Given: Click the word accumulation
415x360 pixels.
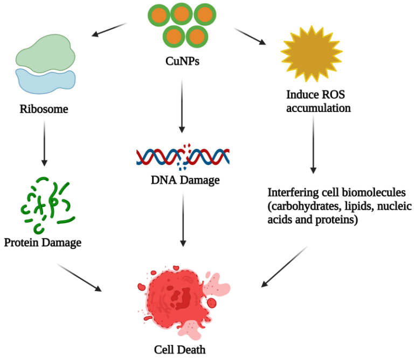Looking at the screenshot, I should point(319,108).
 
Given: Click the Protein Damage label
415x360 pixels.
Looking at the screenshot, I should point(43,243).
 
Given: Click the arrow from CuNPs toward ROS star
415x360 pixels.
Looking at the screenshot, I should point(251,37).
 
